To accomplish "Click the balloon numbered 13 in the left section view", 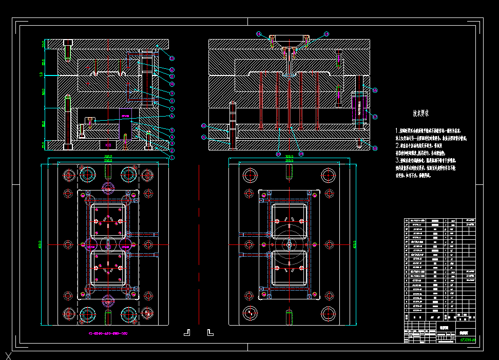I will coord(172,58).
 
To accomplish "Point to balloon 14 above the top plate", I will coord(259,34).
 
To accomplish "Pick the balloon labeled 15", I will coord(327,34).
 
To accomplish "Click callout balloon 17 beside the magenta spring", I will coord(375,90).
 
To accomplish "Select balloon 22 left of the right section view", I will coord(204,125).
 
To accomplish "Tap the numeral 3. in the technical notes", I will coord(397,160).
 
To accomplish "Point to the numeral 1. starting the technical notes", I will coord(397,131).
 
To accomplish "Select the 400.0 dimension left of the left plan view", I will coord(40,244).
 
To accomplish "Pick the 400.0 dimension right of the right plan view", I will coord(355,244).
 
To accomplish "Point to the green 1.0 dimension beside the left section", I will coord(41,75).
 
